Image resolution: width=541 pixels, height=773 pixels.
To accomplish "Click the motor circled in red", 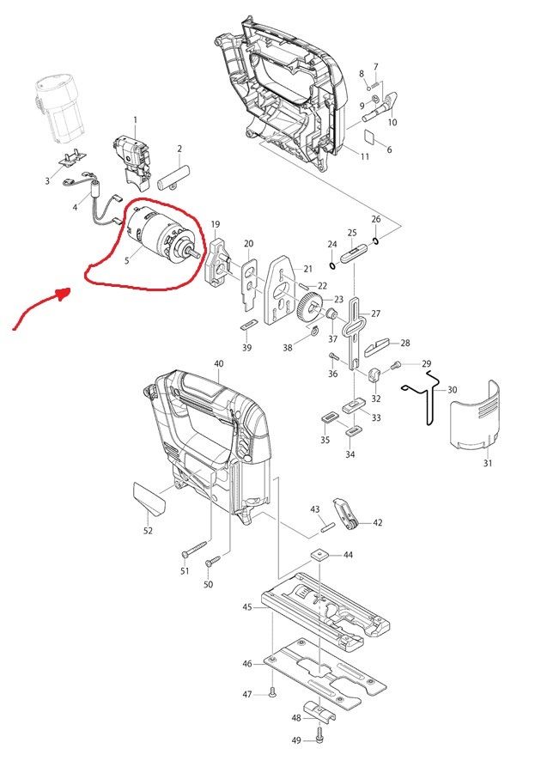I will click(x=159, y=237).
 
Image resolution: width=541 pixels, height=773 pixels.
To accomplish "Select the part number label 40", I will click(x=218, y=364).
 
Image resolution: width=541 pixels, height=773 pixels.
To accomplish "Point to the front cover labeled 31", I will click(x=475, y=413).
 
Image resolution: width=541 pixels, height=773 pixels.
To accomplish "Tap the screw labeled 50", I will click(x=213, y=561).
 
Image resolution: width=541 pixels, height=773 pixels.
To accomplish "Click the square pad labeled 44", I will click(x=320, y=556).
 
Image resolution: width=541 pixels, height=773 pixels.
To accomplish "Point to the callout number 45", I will click(x=247, y=607).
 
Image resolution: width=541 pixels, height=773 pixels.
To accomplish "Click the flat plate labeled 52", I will click(x=145, y=498).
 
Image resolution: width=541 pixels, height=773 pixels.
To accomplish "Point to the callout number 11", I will click(x=365, y=156).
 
